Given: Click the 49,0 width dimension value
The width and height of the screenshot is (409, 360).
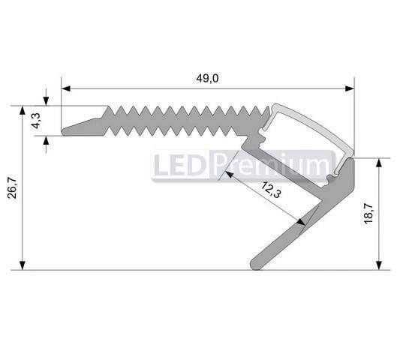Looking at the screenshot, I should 207,78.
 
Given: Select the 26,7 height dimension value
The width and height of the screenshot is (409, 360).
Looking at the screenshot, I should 12,187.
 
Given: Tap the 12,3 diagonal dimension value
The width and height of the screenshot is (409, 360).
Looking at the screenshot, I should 271,192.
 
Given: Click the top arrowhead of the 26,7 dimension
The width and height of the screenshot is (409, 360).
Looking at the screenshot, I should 23,110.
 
